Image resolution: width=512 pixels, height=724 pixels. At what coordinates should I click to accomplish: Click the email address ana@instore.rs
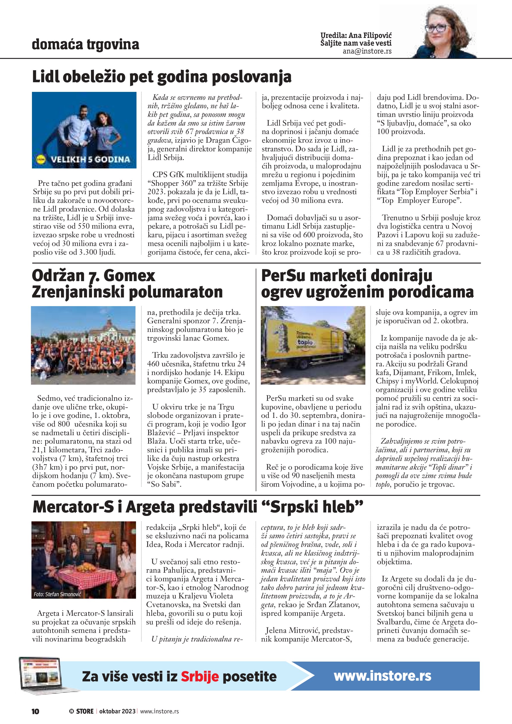tap(367, 51)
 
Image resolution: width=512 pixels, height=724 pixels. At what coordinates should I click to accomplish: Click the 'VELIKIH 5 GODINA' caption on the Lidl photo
tap(90, 159)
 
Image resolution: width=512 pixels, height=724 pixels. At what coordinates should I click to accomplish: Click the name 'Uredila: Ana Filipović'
tap(356, 35)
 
